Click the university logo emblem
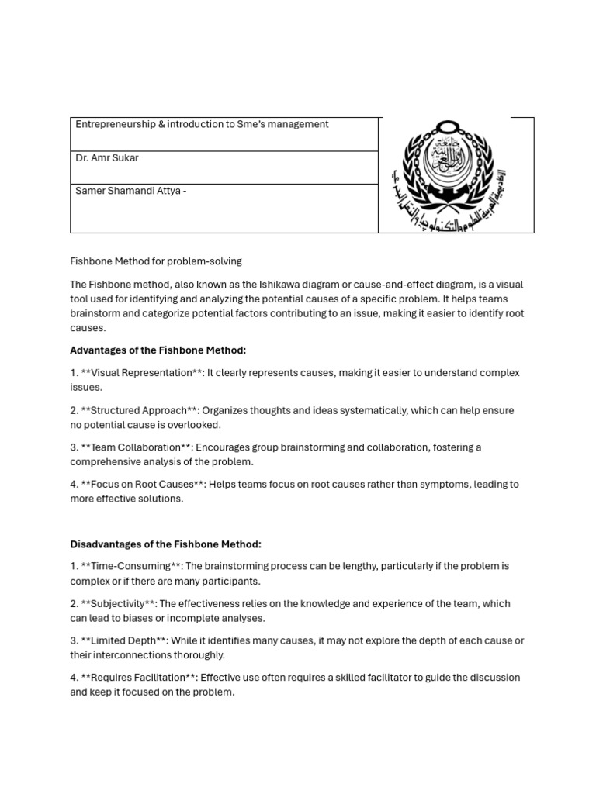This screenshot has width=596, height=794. (x=456, y=175)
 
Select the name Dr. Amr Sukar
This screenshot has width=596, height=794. (x=107, y=158)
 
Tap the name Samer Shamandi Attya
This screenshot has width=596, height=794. (x=129, y=192)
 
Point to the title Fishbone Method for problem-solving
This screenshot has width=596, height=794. (x=156, y=261)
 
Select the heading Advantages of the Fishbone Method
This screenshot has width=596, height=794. (x=158, y=350)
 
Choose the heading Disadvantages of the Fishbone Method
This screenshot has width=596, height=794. (x=165, y=544)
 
